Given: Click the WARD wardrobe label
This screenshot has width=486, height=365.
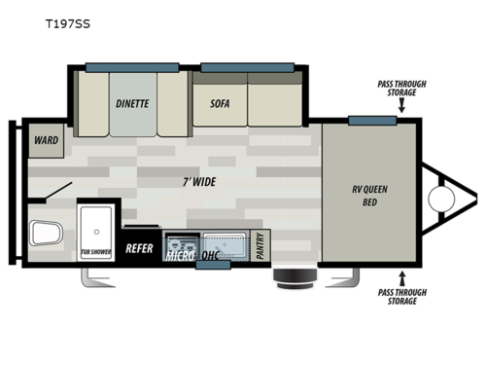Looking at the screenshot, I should [45, 140].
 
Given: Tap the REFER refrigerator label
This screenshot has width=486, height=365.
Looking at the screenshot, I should [140, 248].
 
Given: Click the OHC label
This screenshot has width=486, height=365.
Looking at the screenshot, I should [211, 256].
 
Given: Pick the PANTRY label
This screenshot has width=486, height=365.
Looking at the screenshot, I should [260, 245].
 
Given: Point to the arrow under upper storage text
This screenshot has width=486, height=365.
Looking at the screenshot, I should [401, 108].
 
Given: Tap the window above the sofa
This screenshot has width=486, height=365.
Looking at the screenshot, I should [247, 67].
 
